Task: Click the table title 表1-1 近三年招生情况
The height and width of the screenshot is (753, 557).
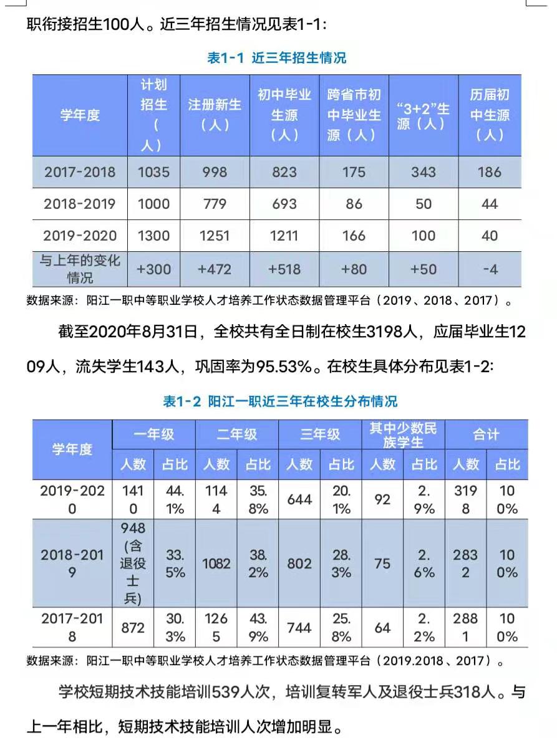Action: [276, 58]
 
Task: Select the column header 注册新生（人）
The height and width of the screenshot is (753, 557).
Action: [215, 115]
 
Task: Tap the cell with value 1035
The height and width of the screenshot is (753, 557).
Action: [153, 172]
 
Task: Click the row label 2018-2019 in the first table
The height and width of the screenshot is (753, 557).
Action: [80, 204]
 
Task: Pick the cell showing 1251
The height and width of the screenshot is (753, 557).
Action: [215, 236]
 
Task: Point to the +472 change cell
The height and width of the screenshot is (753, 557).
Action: [215, 269]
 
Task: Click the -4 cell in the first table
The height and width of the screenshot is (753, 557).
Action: [490, 269]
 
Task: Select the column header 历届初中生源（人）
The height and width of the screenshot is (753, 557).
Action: [490, 115]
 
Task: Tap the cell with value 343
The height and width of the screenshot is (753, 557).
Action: [424, 172]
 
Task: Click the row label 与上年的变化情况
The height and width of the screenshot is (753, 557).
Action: [80, 269]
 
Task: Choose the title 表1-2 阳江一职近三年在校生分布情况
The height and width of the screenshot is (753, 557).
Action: [280, 401]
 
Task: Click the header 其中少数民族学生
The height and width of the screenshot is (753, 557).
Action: [403, 434]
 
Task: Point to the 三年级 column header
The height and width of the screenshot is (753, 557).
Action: [320, 434]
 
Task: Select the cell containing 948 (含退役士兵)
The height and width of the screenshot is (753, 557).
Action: [133, 564]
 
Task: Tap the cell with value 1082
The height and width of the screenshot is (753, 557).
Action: [216, 564]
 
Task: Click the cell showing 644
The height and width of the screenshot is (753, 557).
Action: [299, 499]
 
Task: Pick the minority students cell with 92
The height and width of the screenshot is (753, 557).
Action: [382, 499]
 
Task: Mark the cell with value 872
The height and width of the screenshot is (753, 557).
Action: [133, 628]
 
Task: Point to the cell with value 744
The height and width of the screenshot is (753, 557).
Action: [299, 628]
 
